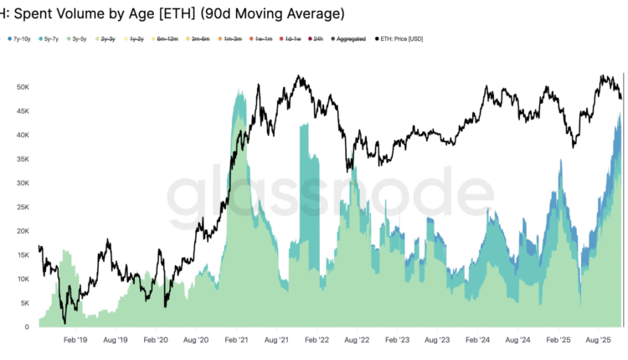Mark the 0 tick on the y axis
point(27,327)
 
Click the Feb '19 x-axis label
point(75,341)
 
